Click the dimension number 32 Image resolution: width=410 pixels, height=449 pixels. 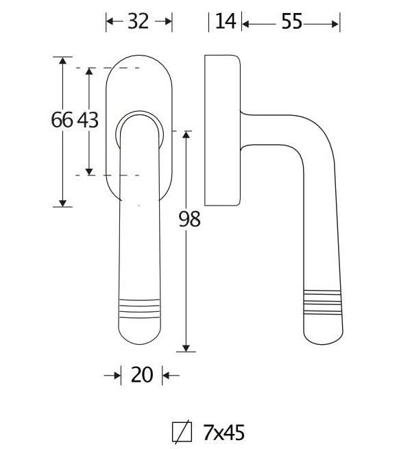pyautogui.click(x=138, y=21)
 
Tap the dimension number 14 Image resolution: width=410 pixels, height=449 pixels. pyautogui.click(x=226, y=21)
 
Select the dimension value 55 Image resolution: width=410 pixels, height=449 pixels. pyautogui.click(x=292, y=21)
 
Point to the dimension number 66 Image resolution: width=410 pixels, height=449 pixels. pyautogui.click(x=62, y=120)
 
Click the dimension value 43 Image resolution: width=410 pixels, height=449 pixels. pyautogui.click(x=88, y=120)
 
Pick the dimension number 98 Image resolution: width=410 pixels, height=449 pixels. pyautogui.click(x=189, y=219)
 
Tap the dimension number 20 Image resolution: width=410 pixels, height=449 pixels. pyautogui.click(x=142, y=375)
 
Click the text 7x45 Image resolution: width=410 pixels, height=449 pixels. pyautogui.click(x=224, y=433)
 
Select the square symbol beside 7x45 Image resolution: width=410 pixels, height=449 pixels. pyautogui.click(x=182, y=433)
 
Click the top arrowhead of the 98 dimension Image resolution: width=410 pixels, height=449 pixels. pyautogui.click(x=186, y=135)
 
